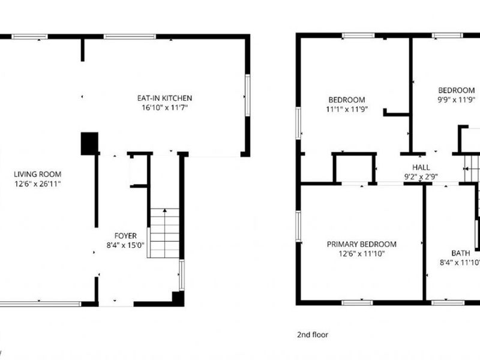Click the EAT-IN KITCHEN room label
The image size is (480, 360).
click(x=164, y=98)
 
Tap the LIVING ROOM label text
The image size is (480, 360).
click(x=37, y=174)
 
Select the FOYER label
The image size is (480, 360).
click(x=125, y=236)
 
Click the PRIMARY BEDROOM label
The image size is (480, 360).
click(x=362, y=244)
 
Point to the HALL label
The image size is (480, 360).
click(x=421, y=167)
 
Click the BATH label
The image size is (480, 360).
click(x=460, y=253)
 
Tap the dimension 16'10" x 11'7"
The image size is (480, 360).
click(x=164, y=107)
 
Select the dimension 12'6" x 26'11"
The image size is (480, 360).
click(x=38, y=184)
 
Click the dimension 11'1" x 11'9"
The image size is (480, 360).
click(x=347, y=109)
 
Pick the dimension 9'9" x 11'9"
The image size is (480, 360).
click(x=456, y=100)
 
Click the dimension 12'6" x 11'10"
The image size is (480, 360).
click(x=362, y=253)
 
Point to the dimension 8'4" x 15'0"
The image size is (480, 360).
click(x=125, y=245)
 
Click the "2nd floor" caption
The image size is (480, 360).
click(x=312, y=335)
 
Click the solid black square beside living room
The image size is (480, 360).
click(x=89, y=143)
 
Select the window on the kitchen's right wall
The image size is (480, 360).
click(x=248, y=95)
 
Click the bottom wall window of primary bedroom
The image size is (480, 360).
click(x=357, y=303)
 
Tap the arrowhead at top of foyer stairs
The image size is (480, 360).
click(x=164, y=211)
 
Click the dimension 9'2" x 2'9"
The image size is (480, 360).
click(x=421, y=176)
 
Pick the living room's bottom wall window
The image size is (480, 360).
click(x=40, y=304)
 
